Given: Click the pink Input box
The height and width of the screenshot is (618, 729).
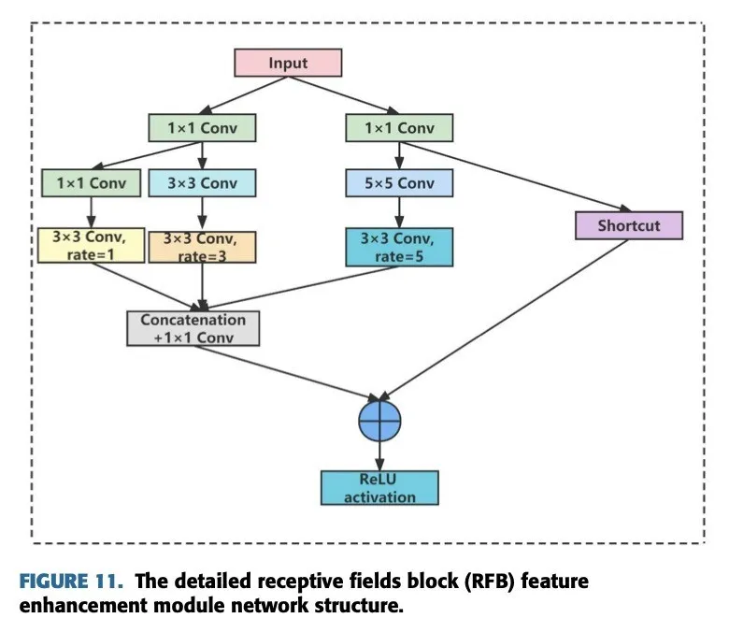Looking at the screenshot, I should [x=288, y=63].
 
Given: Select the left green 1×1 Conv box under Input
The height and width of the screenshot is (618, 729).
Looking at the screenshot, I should [x=201, y=127].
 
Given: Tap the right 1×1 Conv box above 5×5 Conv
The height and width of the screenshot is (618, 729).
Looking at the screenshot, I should [x=398, y=127].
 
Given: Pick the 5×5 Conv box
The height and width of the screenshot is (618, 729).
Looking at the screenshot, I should [x=398, y=183].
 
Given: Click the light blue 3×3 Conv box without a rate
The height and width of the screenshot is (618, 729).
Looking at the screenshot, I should [x=201, y=183].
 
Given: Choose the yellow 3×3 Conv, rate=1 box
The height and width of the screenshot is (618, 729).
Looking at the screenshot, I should [x=90, y=245].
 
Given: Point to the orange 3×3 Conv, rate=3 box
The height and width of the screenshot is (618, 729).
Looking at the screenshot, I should [x=201, y=245].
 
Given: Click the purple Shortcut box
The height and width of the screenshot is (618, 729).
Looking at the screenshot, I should [x=629, y=225].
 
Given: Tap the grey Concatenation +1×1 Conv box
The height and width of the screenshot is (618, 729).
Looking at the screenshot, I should [x=193, y=328].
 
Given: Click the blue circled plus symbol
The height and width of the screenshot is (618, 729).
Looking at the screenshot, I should [x=379, y=422].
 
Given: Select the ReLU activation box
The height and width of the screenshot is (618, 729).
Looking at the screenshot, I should [x=379, y=488].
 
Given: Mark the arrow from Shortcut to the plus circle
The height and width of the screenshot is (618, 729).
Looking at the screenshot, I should [x=505, y=321].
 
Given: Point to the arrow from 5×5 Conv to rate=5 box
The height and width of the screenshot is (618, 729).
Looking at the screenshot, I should [x=398, y=212].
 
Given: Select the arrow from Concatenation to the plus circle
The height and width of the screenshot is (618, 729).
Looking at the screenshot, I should [x=299, y=372].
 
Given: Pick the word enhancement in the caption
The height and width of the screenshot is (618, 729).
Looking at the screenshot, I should [x=82, y=604].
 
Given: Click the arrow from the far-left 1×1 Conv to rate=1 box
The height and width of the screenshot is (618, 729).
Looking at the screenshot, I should [x=90, y=210].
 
